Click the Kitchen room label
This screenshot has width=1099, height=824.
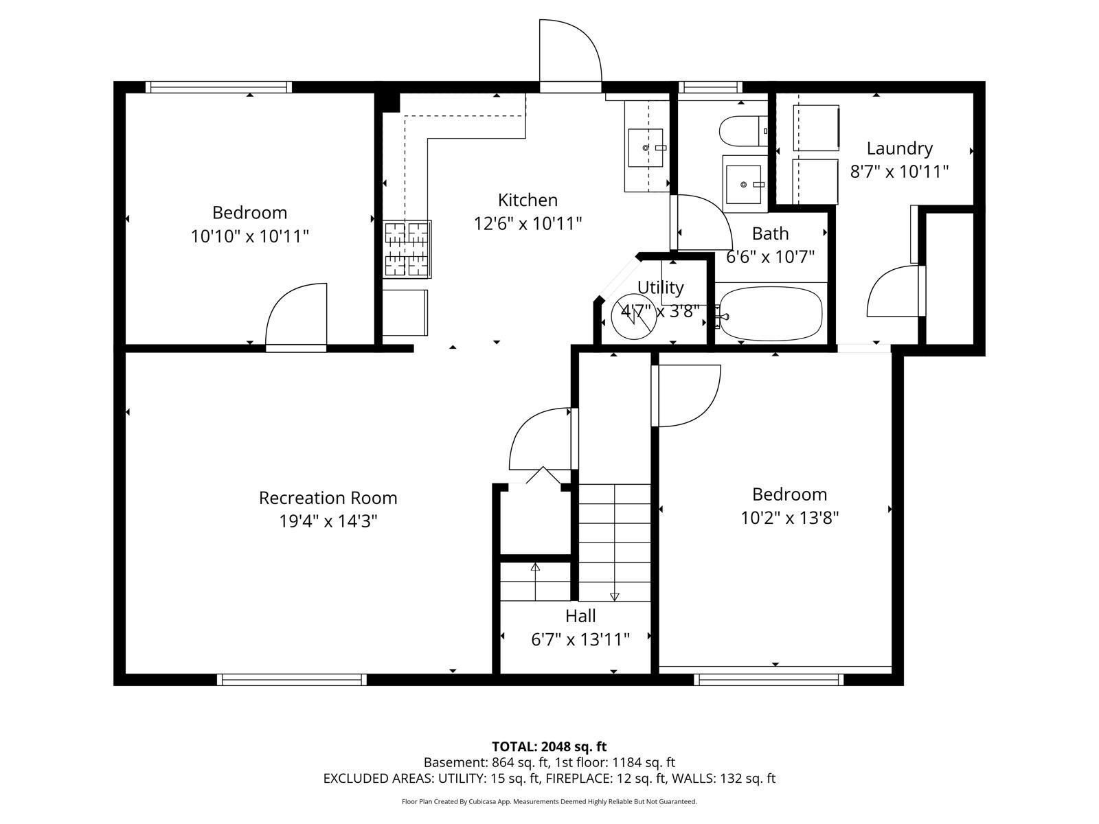pyautogui.click(x=528, y=200)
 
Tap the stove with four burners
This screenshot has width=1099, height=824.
pyautogui.click(x=407, y=249)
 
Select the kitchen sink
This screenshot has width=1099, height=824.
pyautogui.click(x=646, y=148)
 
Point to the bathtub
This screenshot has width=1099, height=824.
pyautogui.click(x=769, y=314)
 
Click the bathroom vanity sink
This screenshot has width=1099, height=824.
pyautogui.click(x=743, y=183)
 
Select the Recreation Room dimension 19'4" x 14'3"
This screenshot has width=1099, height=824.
pyautogui.click(x=328, y=521)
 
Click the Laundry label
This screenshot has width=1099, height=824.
pyautogui.click(x=899, y=148)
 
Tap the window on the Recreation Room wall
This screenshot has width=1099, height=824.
pyautogui.click(x=291, y=679)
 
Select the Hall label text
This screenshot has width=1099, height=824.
pyautogui.click(x=580, y=616)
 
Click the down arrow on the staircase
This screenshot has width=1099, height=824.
pyautogui.click(x=614, y=596)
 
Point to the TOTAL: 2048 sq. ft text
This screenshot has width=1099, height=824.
pyautogui.click(x=549, y=746)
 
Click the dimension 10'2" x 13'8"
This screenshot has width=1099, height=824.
pyautogui.click(x=789, y=518)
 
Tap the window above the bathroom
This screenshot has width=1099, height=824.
pyautogui.click(x=710, y=87)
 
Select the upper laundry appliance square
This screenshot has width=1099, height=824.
pyautogui.click(x=816, y=127)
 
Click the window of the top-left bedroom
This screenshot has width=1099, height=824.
pyautogui.click(x=218, y=87)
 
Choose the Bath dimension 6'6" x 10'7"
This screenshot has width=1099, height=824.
pyautogui.click(x=770, y=257)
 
